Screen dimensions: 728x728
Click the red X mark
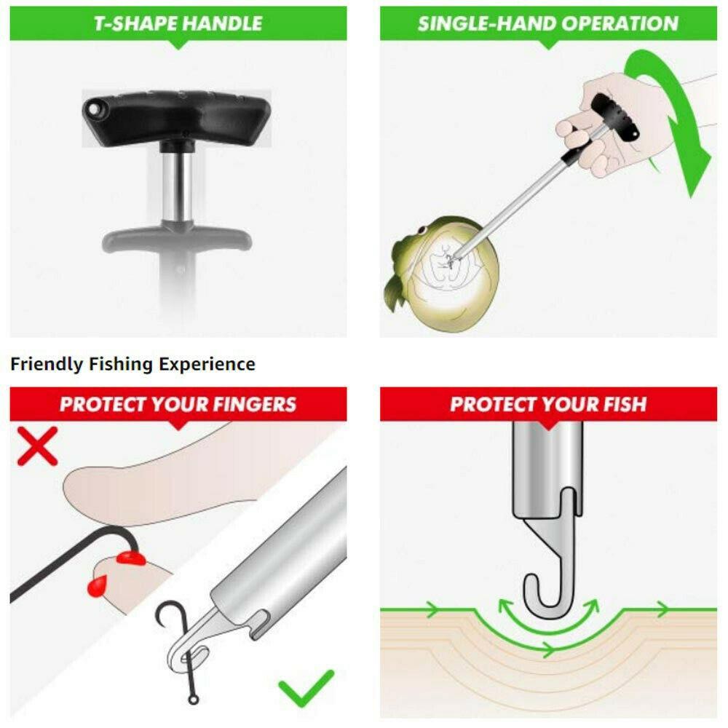coord(37,446)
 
